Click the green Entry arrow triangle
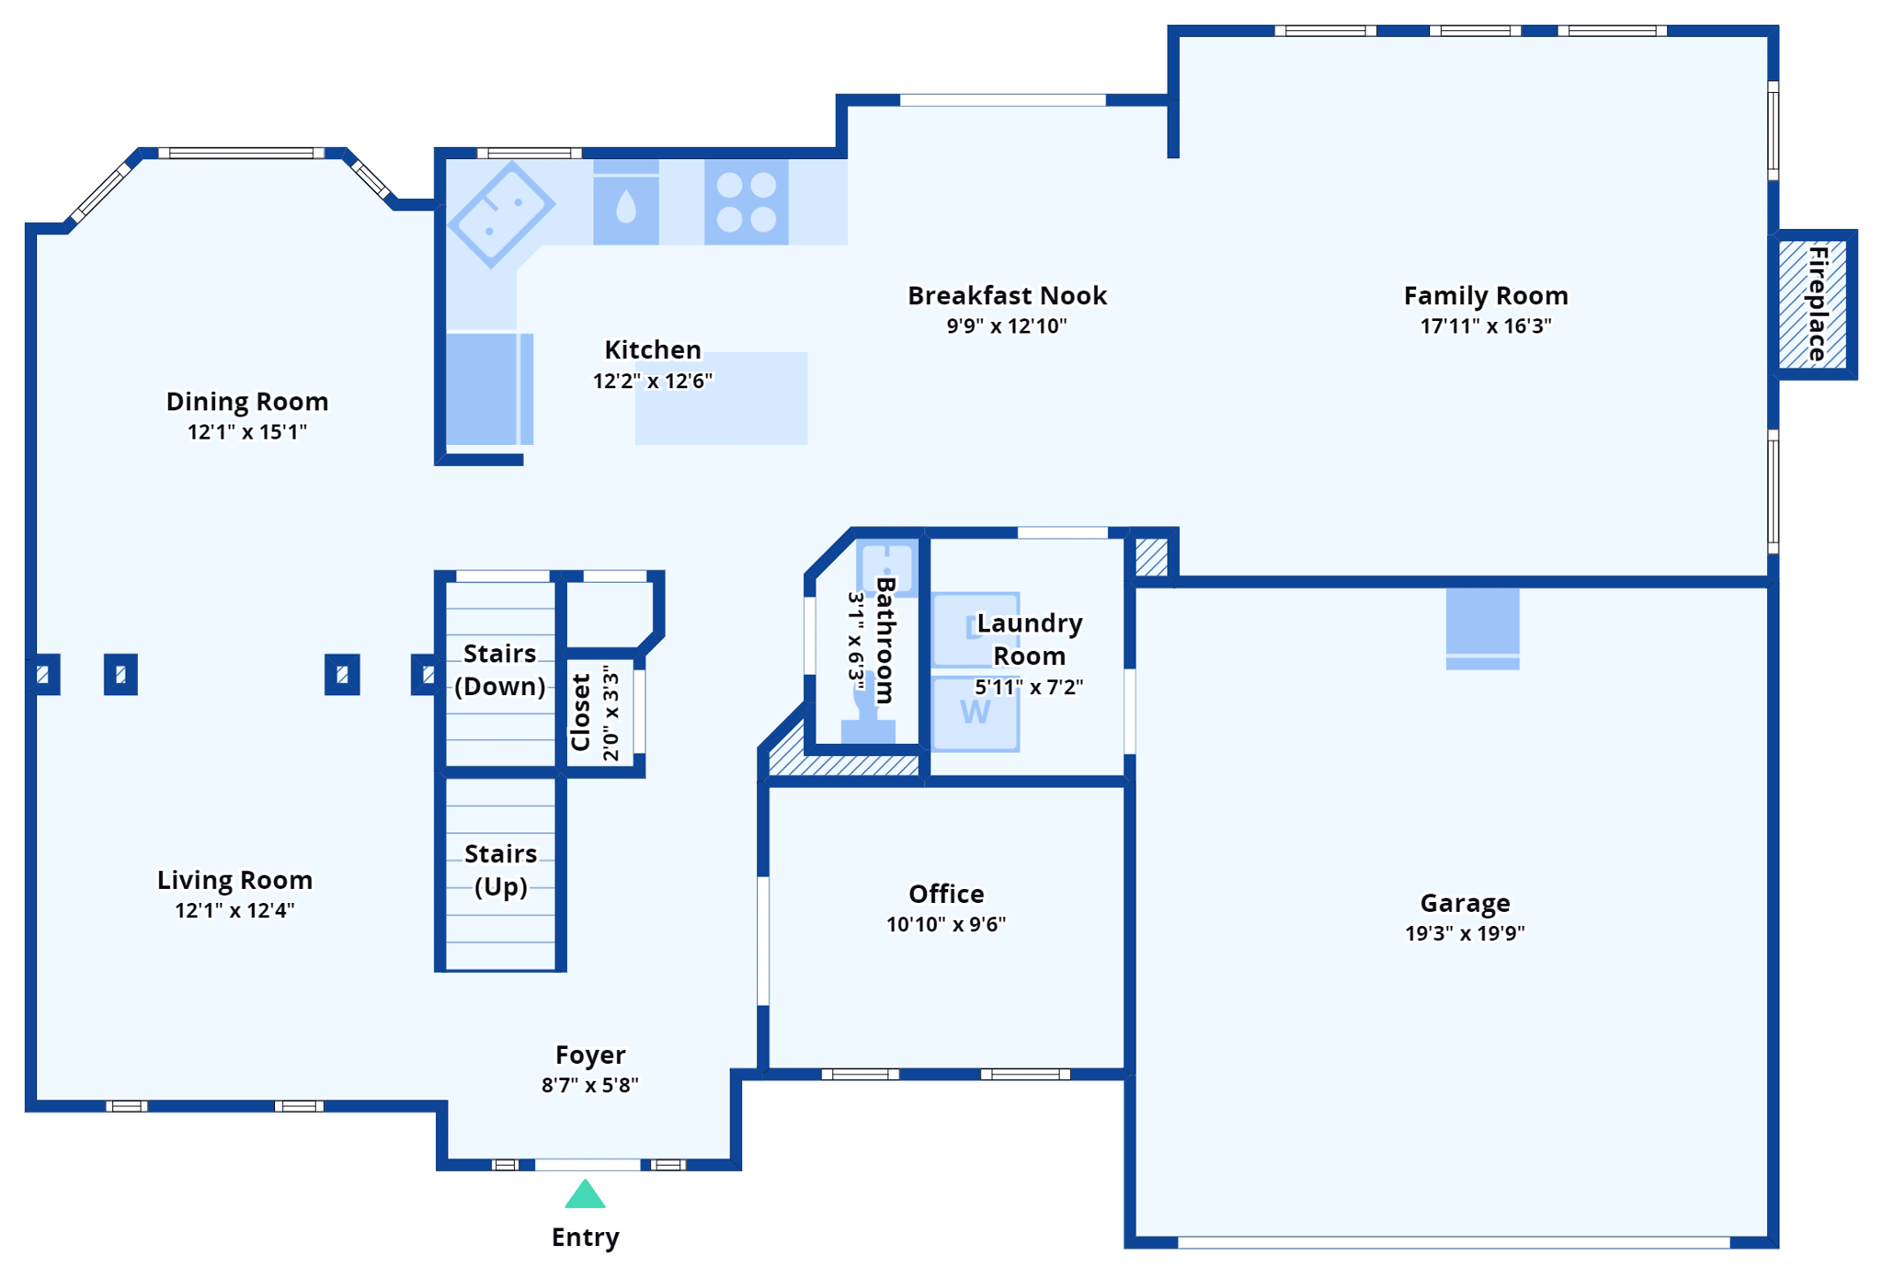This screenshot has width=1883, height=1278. [x=585, y=1195]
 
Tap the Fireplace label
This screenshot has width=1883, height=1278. [x=1818, y=303]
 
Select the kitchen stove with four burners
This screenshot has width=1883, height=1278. [x=746, y=202]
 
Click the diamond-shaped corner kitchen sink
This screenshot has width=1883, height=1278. [x=501, y=213]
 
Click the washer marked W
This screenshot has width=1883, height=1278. [x=976, y=713]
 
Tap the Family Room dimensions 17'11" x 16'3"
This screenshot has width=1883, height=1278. [x=1485, y=325]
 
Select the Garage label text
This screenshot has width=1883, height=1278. [x=1465, y=903]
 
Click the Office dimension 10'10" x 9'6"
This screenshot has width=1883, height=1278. [x=945, y=924]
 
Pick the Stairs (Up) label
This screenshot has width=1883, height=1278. [x=500, y=870]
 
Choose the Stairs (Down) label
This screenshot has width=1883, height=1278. [x=499, y=669]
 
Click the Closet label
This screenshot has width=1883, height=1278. [x=580, y=713]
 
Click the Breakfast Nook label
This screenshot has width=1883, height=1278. [x=1007, y=295]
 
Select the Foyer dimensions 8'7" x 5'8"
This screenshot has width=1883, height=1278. [x=589, y=1085]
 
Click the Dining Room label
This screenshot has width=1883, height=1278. [x=246, y=401]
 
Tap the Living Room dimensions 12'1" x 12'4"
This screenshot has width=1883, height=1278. [x=234, y=910]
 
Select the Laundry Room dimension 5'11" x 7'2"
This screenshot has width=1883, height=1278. [x=1029, y=687]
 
